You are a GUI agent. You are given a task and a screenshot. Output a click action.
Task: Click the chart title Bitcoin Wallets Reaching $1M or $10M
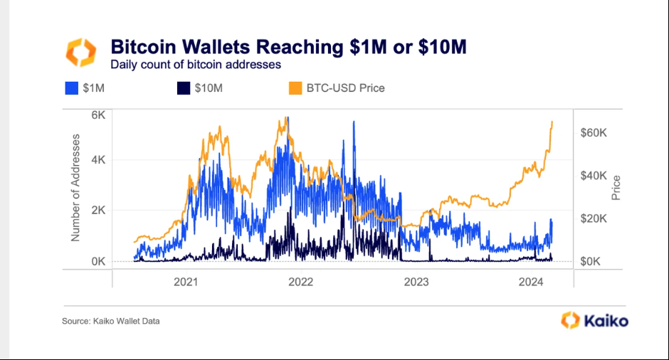click(x=288, y=47)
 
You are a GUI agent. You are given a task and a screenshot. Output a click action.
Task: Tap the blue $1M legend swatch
click(x=70, y=89)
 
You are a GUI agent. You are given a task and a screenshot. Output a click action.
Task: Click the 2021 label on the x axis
click(x=186, y=282)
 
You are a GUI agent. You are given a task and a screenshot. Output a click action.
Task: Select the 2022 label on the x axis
click(x=301, y=282)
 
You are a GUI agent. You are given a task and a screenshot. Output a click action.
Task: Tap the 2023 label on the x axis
click(x=416, y=282)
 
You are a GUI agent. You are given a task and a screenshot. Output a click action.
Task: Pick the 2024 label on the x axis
click(x=532, y=282)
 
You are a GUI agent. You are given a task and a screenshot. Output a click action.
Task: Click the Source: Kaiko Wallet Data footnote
click(x=111, y=322)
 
